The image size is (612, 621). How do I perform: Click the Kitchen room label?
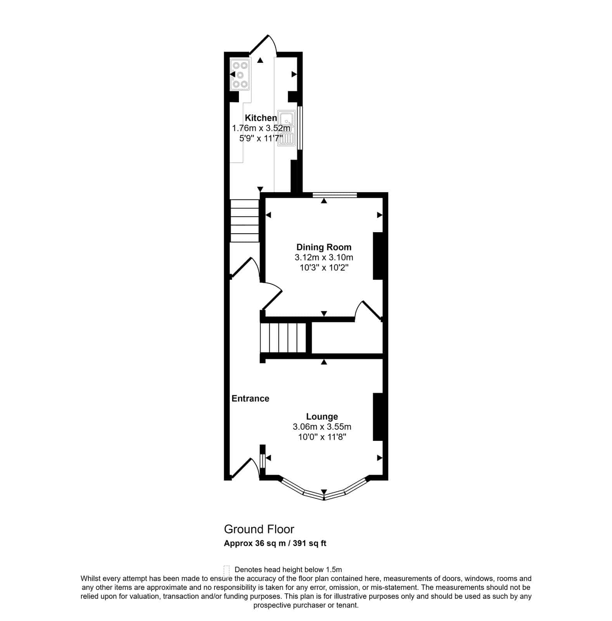(261, 118)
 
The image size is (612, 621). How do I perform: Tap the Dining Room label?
(324, 247)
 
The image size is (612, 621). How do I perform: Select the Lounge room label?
(322, 416)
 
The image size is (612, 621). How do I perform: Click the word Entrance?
(250, 399)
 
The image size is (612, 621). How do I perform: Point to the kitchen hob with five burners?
(239, 75)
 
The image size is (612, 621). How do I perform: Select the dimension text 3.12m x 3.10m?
(324, 257)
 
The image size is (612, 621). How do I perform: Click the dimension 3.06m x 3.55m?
(322, 427)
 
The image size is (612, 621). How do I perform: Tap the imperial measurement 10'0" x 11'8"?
(322, 437)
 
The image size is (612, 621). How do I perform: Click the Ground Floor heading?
(259, 529)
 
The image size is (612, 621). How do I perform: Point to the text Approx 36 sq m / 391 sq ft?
(275, 543)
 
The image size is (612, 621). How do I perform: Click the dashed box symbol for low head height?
(227, 570)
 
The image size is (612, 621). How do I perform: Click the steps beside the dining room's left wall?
(244, 221)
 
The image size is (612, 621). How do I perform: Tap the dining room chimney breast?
(378, 256)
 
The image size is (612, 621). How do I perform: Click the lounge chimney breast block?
(378, 417)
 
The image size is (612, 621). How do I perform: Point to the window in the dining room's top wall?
(335, 195)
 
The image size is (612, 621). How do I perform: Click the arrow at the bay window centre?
(324, 492)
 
